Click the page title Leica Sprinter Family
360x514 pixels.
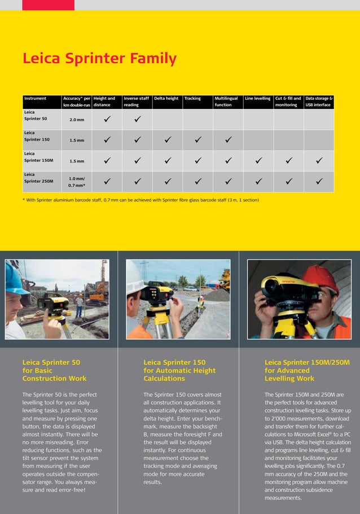(x=99, y=59)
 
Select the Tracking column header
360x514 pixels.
(x=192, y=98)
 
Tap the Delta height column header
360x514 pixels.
(x=166, y=98)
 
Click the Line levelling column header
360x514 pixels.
(x=257, y=98)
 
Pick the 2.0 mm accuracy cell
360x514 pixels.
(x=77, y=120)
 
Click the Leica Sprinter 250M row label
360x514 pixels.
(x=39, y=178)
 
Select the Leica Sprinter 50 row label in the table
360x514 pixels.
(x=36, y=116)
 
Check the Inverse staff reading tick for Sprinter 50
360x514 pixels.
(x=137, y=119)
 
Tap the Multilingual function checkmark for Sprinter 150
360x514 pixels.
(x=228, y=139)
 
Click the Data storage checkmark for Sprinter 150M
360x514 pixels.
(x=319, y=161)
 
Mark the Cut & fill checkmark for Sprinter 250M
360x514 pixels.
(x=288, y=181)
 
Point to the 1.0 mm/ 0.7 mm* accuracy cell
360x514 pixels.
(x=77, y=182)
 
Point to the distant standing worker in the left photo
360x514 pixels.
(x=80, y=305)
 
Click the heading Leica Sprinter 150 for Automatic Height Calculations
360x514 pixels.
(x=179, y=370)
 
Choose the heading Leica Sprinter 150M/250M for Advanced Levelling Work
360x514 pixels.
(x=307, y=370)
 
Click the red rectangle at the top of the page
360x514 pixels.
(x=48, y=5)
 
